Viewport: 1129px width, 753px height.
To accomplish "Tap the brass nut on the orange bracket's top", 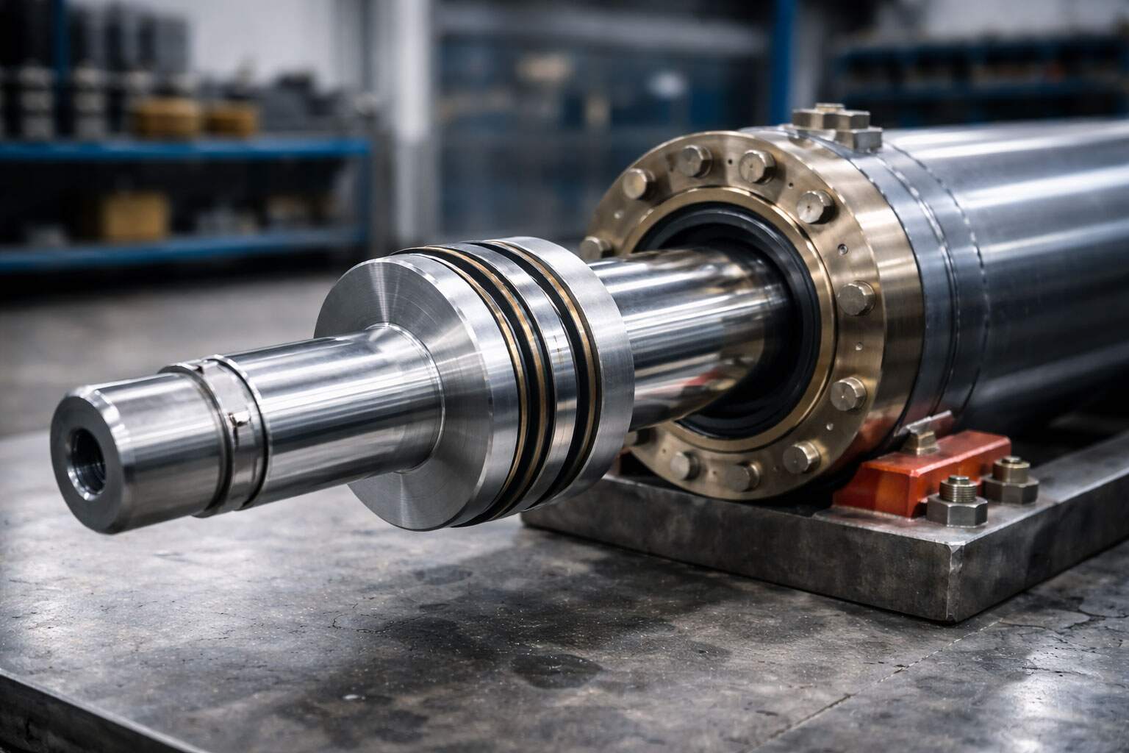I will point(919,441).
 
